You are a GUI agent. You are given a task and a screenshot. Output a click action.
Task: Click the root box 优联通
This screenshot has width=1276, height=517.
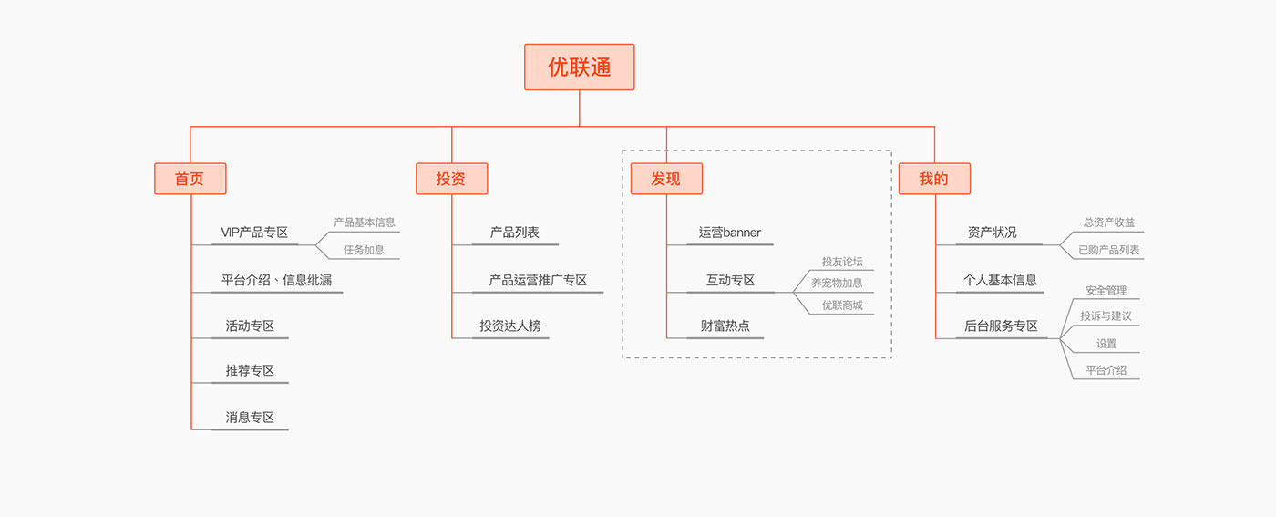579,67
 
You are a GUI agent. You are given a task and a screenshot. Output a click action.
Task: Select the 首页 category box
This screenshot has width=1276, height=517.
190,179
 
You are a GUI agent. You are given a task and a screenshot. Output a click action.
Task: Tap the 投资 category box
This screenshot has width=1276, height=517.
451,179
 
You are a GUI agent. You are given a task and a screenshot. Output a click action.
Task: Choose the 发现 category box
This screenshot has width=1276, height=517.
666,179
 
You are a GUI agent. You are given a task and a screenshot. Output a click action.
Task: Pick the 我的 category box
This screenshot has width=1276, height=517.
934,179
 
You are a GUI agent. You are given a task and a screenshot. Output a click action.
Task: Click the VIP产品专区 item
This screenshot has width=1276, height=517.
254,233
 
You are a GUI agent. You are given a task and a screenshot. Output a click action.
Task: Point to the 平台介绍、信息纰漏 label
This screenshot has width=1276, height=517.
276,280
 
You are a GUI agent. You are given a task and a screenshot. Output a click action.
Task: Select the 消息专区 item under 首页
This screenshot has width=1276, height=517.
250,418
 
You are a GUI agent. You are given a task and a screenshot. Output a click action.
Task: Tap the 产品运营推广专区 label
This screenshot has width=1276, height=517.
537,280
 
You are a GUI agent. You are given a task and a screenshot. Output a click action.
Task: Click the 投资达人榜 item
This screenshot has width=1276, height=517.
509,326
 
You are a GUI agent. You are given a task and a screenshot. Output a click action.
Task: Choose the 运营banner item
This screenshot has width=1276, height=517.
729,233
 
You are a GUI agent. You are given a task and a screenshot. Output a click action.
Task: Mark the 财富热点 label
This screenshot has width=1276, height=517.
725,326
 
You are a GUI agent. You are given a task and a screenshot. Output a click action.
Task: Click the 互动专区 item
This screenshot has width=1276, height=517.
730,280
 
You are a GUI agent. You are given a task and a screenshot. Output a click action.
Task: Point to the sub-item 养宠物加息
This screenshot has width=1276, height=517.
837,283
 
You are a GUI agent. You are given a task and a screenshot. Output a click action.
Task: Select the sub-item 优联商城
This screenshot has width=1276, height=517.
841,305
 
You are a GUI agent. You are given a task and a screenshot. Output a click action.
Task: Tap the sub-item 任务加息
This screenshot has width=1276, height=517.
364,250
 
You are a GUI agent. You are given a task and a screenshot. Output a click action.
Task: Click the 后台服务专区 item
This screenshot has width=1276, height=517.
1001,326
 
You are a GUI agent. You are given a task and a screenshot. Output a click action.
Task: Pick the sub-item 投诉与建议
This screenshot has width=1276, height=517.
1106,316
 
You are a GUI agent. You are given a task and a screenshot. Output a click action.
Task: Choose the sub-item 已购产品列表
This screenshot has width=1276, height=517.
1108,250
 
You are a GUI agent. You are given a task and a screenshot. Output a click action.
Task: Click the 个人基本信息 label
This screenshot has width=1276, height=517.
1000,280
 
